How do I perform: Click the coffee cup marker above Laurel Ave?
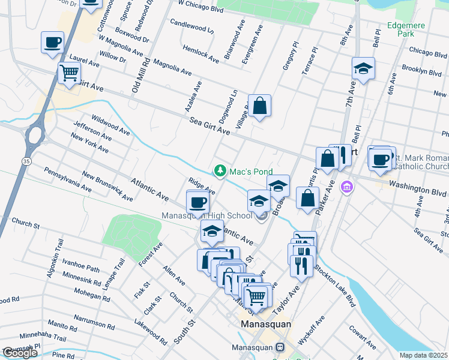tap(52, 42)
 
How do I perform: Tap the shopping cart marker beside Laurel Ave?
tap(69, 73)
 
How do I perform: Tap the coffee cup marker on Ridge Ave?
tap(197, 201)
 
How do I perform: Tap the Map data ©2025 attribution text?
tap(423, 355)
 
